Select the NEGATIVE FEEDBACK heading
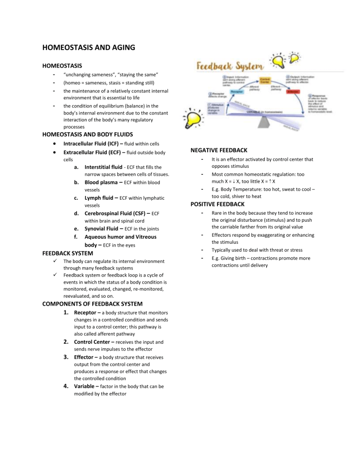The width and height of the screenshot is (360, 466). click(219, 150)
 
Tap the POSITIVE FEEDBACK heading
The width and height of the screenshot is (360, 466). click(217, 204)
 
